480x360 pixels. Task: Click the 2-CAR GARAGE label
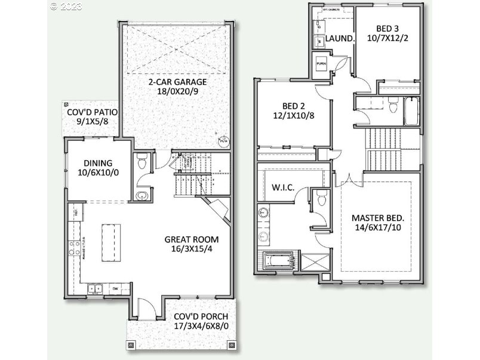(x=178, y=82)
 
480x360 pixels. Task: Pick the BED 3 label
(x=388, y=28)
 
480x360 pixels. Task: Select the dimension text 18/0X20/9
(x=178, y=93)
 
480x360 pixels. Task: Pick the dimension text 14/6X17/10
(x=377, y=228)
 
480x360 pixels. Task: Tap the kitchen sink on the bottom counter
(x=95, y=288)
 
